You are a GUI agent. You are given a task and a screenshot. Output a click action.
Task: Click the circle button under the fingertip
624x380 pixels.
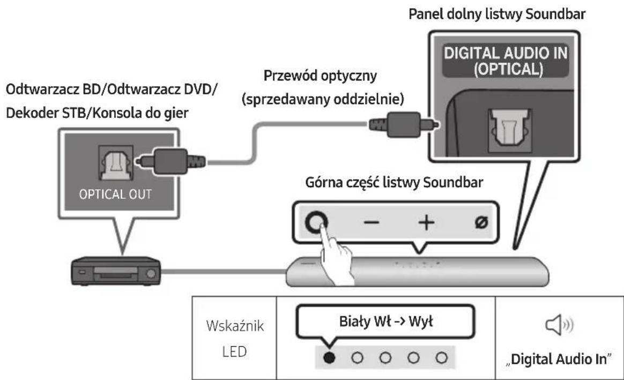pyautogui.click(x=316, y=220)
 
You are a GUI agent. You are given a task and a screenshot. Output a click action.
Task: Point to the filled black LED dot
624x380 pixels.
pyautogui.click(x=328, y=356)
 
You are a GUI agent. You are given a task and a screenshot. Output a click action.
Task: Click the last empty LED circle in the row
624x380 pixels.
pyautogui.click(x=441, y=356)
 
